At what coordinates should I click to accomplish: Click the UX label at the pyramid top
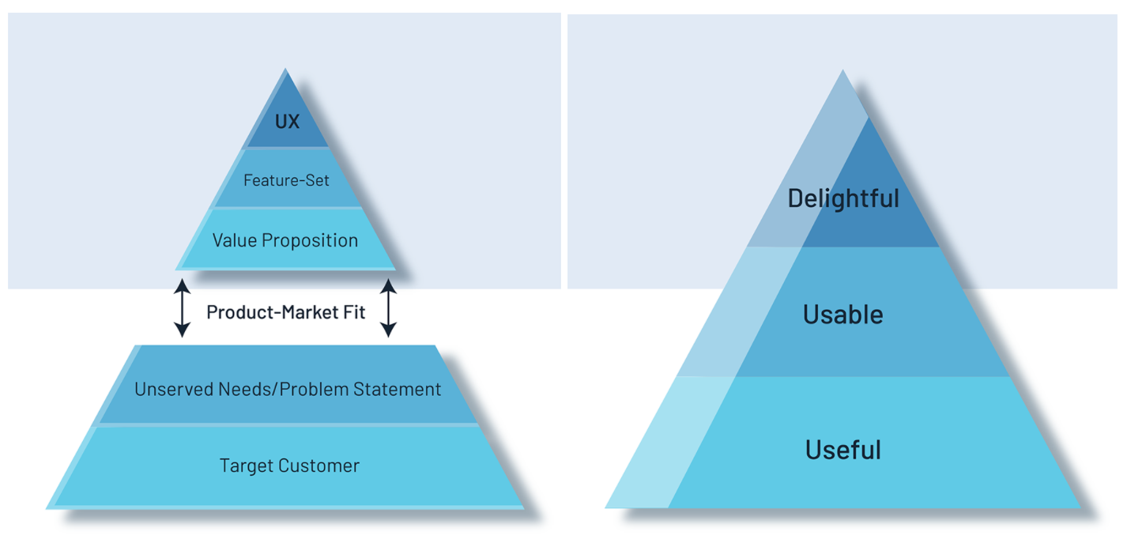(x=287, y=123)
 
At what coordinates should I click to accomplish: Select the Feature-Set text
(x=286, y=180)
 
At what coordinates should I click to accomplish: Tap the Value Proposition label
(x=285, y=240)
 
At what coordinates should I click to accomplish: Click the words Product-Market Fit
(x=286, y=312)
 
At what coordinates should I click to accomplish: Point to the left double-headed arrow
(x=183, y=307)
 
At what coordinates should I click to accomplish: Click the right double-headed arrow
(x=388, y=307)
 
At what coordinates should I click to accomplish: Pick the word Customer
(x=318, y=466)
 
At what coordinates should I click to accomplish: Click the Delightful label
(x=843, y=198)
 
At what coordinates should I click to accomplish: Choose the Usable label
(x=843, y=315)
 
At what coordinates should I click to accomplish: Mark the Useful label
(x=843, y=450)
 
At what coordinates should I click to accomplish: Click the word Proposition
(x=310, y=240)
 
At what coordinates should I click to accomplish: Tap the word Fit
(x=354, y=312)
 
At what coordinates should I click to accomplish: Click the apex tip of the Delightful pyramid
(x=842, y=72)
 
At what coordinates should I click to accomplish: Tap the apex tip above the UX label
(x=286, y=71)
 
